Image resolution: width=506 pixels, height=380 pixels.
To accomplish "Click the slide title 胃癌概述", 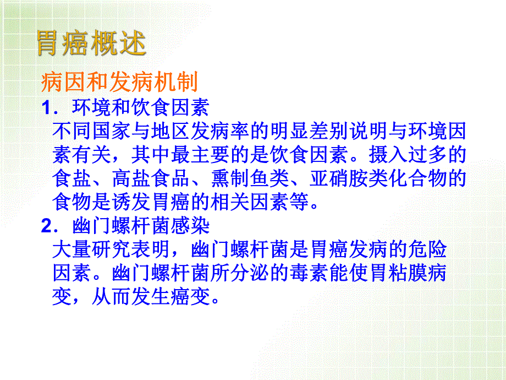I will (x=91, y=44).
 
